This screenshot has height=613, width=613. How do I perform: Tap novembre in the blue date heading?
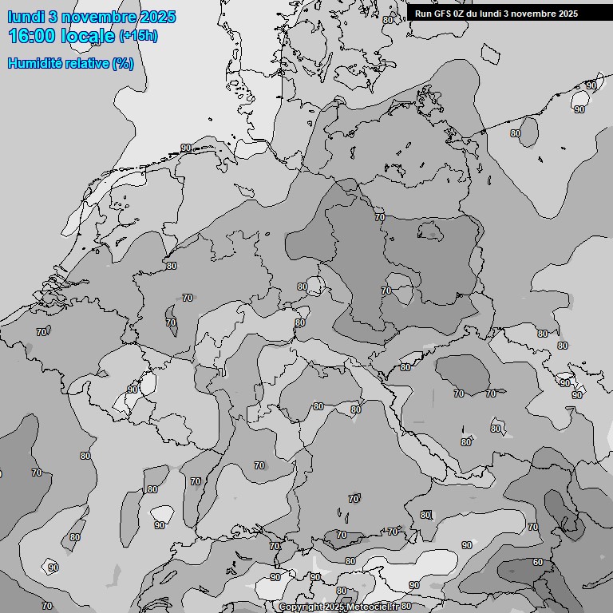coord(96,17)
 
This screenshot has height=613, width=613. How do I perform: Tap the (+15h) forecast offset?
coord(138,36)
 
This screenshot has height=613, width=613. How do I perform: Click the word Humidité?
coord(35,63)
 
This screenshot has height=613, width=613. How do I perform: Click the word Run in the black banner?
coord(423,14)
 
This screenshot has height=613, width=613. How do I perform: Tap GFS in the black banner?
coord(442,14)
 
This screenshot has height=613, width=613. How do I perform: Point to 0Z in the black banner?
coord(461,14)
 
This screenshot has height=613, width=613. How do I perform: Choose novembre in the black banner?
coord(532,14)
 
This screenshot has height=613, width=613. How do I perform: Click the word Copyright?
coord(300,607)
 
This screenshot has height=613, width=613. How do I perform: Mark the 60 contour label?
coord(538,562)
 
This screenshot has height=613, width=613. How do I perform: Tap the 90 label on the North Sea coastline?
coord(185,148)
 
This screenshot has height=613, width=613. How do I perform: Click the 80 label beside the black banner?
coord(388,19)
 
